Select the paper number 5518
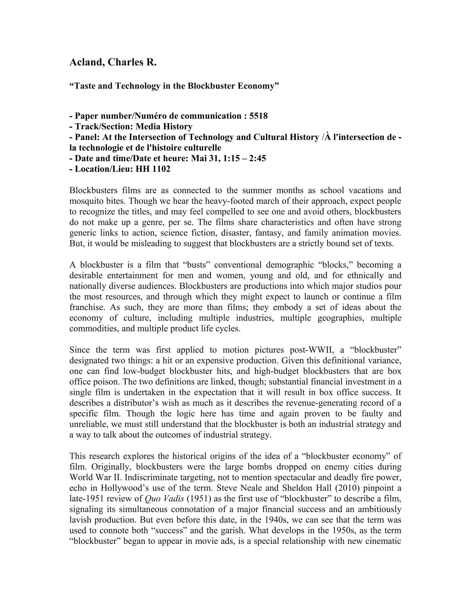(x=258, y=116)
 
